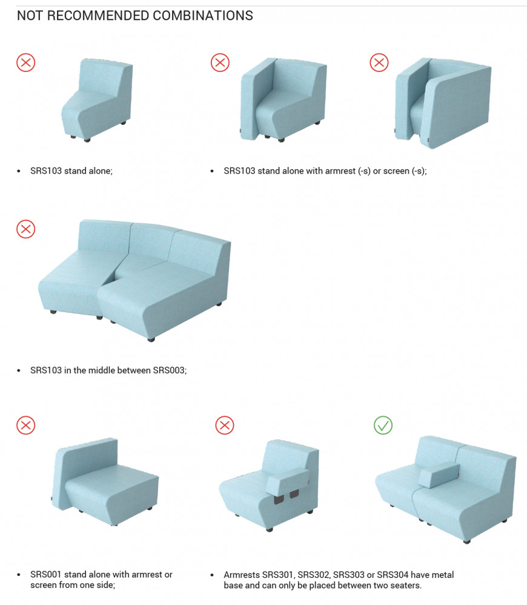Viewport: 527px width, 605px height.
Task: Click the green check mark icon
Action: (383, 425)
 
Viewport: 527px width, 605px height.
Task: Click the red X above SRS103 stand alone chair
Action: (26, 62)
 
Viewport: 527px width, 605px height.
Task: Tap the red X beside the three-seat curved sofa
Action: (26, 229)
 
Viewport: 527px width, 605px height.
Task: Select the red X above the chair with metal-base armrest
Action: (225, 425)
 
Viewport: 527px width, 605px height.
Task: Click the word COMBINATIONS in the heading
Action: (203, 16)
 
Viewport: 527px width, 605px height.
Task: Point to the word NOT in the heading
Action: (30, 16)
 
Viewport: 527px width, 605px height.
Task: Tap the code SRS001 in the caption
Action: (46, 575)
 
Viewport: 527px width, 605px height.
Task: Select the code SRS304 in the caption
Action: (392, 575)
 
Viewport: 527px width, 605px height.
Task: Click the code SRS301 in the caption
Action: (278, 575)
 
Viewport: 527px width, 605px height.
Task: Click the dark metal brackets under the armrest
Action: (287, 497)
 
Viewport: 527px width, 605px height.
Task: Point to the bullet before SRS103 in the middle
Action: (19, 371)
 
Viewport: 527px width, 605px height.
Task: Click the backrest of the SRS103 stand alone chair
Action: (105, 77)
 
